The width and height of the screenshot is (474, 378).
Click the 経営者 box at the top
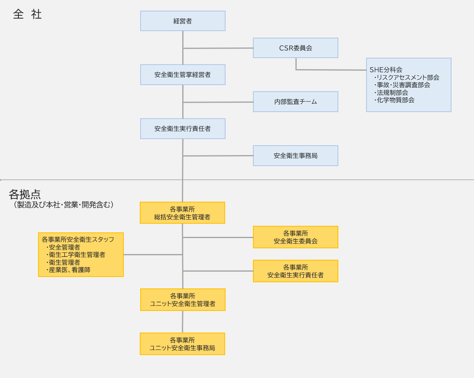(183, 21)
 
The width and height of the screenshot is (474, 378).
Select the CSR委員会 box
(295, 48)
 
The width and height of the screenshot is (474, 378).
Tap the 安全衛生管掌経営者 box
(183, 74)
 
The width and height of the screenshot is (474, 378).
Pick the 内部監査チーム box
(295, 101)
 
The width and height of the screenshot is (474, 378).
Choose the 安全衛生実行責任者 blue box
(183, 128)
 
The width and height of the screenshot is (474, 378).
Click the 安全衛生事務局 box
(295, 155)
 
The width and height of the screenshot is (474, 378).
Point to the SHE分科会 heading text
(386, 70)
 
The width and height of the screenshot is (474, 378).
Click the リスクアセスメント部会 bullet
(407, 77)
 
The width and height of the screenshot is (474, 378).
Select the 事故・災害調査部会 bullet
(403, 85)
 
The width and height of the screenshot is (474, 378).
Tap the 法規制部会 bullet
(392, 92)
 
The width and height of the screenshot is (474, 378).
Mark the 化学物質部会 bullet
(395, 100)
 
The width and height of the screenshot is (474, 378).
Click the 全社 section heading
(27, 14)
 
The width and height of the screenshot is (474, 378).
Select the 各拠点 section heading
(25, 194)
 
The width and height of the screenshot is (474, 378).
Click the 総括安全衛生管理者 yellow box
(182, 213)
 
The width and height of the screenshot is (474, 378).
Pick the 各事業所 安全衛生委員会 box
(295, 237)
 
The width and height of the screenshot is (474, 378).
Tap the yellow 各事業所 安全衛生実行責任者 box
(295, 271)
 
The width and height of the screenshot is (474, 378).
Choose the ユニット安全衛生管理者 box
(183, 299)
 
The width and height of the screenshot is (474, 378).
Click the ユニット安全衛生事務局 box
(182, 344)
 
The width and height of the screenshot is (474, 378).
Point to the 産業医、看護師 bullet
(69, 270)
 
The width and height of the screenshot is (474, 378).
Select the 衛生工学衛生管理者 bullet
(77, 254)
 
